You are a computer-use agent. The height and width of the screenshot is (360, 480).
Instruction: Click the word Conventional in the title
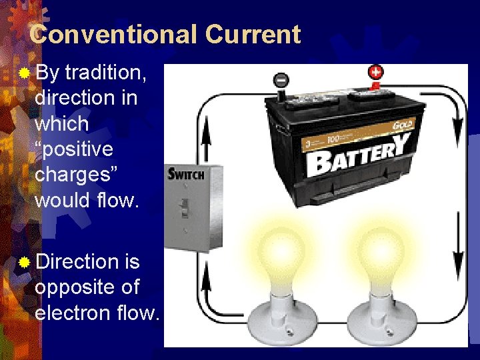coord(114,35)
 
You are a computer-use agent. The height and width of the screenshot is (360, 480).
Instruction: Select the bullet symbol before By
coord(24,72)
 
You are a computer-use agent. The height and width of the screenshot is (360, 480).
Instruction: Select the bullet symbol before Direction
coord(24,262)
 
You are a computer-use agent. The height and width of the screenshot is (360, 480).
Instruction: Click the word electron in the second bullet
coord(77,312)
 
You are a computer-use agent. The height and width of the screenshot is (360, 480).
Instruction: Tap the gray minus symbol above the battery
coord(281,80)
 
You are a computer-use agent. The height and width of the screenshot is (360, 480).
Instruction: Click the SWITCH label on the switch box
coord(186,175)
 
